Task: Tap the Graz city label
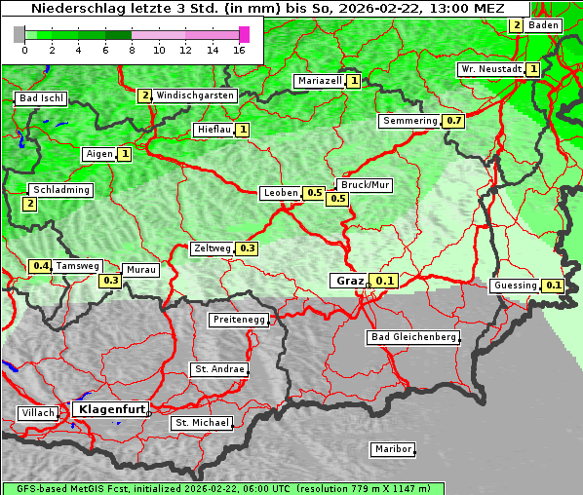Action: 349,281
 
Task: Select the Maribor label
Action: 392,449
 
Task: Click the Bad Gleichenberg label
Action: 411,337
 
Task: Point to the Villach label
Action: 37,413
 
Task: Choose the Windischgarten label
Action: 195,95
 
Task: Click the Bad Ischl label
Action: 41,98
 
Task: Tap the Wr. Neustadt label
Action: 490,69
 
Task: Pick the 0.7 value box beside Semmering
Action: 453,121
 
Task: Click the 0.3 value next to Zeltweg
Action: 247,248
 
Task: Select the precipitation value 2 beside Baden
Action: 517,25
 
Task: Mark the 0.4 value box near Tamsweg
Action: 40,265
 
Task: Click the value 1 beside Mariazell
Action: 353,81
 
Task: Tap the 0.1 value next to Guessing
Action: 554,286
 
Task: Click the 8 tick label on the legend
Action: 132,50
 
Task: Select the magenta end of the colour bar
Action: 244,34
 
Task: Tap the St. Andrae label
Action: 218,369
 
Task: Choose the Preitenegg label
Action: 238,320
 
